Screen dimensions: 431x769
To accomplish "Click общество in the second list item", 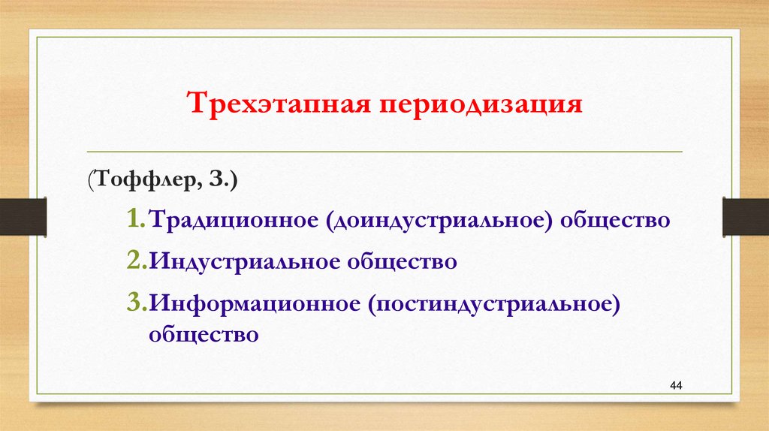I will (402, 262).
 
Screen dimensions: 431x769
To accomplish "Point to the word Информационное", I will (252, 303).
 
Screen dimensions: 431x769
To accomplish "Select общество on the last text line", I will (204, 333).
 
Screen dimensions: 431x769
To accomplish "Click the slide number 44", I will (675, 385).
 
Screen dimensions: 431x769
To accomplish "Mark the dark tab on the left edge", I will (23, 216).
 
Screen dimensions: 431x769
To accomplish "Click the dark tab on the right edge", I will (745, 216).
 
